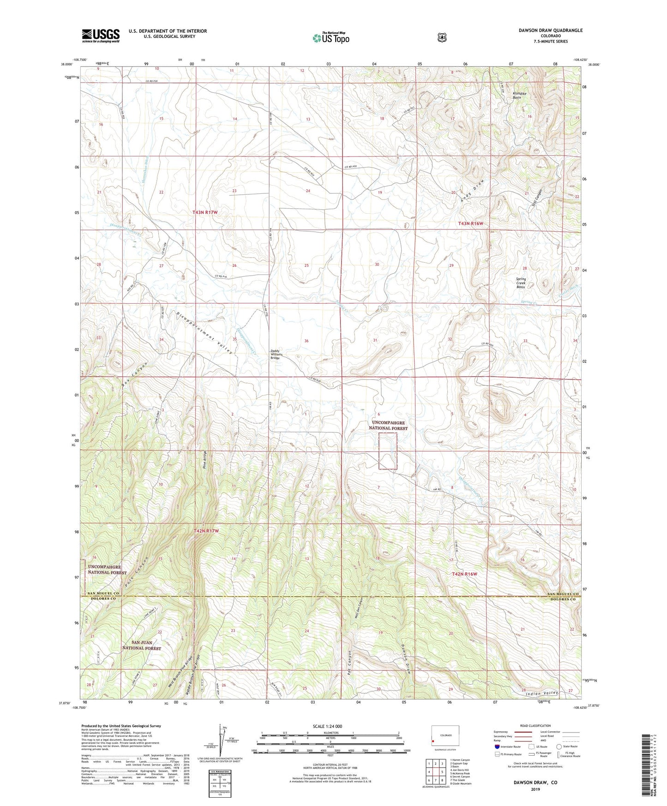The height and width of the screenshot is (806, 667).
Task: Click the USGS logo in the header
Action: [x=101, y=36]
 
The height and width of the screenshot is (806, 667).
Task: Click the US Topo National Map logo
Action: [x=330, y=37]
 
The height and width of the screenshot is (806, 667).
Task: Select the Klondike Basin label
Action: [x=517, y=96]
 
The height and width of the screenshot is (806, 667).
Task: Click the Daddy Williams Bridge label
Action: [x=275, y=354]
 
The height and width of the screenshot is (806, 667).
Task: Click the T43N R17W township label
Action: [x=205, y=212]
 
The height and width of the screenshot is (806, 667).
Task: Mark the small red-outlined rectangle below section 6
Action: [x=388, y=451]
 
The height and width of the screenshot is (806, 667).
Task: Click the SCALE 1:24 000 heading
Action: [x=327, y=727]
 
